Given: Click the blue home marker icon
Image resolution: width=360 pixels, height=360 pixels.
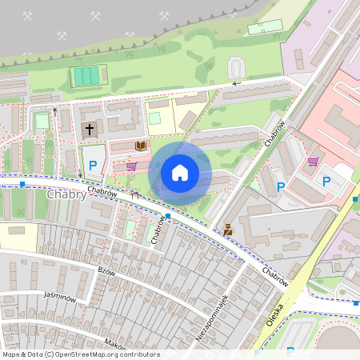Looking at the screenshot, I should pyautogui.click(x=180, y=172).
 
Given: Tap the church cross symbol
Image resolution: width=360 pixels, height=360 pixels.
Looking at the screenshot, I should pyautogui.click(x=89, y=129).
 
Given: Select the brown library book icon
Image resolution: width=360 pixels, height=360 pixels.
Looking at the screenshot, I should pyautogui.click(x=142, y=146).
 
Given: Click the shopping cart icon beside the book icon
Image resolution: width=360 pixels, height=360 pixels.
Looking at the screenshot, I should pyautogui.click(x=131, y=166).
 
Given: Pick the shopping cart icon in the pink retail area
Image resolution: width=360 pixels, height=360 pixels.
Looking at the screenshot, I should pyautogui.click(x=313, y=162).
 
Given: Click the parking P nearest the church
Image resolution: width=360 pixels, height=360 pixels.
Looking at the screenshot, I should pyautogui.click(x=93, y=166).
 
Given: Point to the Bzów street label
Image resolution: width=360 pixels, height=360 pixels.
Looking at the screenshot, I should pyautogui.click(x=106, y=271).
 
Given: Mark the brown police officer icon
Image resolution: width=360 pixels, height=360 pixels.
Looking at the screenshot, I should pyautogui.click(x=229, y=230).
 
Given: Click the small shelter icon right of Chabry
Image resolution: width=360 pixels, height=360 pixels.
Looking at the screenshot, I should pyautogui.click(x=135, y=194).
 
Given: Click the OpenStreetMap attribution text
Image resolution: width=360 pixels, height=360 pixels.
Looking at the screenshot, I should pyautogui.click(x=81, y=354).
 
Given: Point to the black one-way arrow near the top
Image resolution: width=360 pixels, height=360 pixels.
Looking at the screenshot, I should pyautogui.click(x=236, y=82).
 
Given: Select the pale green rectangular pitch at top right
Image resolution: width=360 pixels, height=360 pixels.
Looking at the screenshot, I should pyautogui.click(x=265, y=27).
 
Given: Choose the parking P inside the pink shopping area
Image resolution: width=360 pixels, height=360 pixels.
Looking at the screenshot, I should pyautogui.click(x=326, y=182).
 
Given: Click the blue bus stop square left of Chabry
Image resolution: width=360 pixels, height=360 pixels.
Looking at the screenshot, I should pyautogui.click(x=22, y=185).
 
